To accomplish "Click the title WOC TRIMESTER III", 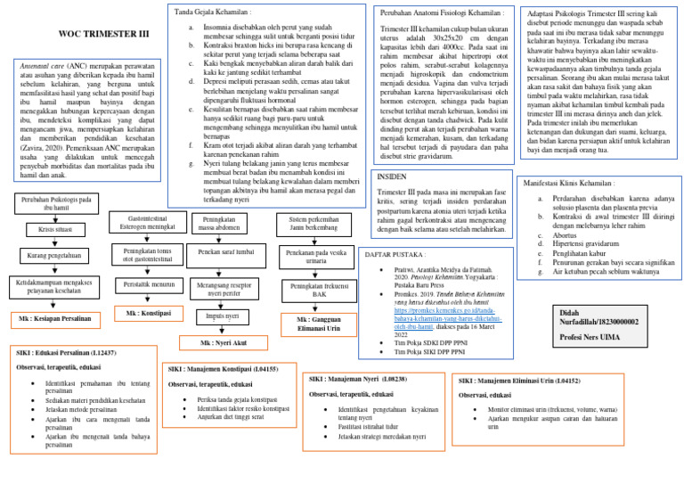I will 103,34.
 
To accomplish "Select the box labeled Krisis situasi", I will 55,229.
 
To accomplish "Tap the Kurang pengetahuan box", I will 55,257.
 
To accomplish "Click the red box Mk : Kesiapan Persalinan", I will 55,318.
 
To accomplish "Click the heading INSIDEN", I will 392,176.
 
